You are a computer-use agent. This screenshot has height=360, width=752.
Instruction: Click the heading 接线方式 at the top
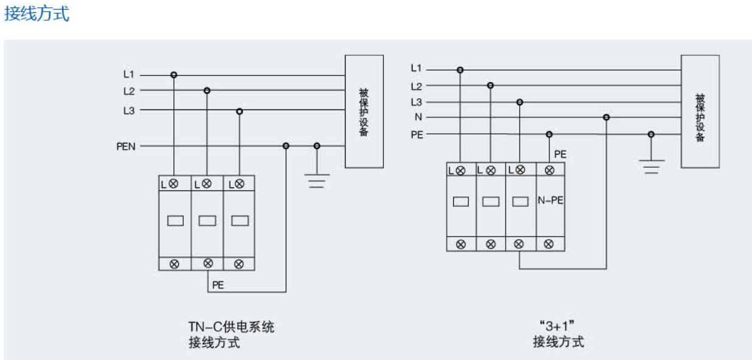point(37,13)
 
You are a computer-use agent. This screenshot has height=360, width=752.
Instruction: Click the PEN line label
point(126,146)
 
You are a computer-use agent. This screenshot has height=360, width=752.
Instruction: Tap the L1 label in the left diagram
point(128,75)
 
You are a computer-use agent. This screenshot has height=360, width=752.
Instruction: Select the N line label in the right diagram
point(418,117)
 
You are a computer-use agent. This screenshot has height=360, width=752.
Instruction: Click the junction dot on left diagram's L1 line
point(174,75)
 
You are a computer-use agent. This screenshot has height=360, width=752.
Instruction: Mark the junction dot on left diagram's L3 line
point(239,111)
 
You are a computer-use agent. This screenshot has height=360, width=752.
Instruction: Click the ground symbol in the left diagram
point(316,180)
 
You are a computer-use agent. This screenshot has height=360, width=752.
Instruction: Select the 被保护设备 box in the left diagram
point(364,111)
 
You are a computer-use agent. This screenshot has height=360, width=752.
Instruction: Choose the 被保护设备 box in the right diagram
point(700,111)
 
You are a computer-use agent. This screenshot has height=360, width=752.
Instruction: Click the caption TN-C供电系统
point(231,327)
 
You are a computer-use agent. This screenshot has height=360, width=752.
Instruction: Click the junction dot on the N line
point(606,117)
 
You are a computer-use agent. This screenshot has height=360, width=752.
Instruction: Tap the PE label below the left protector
point(218,284)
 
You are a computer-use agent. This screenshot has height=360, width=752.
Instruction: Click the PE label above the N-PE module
point(560,154)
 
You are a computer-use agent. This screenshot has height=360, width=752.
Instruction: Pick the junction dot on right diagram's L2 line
point(490,86)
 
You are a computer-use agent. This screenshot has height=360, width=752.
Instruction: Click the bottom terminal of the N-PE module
point(549,244)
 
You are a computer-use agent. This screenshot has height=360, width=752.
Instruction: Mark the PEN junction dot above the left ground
point(316,146)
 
